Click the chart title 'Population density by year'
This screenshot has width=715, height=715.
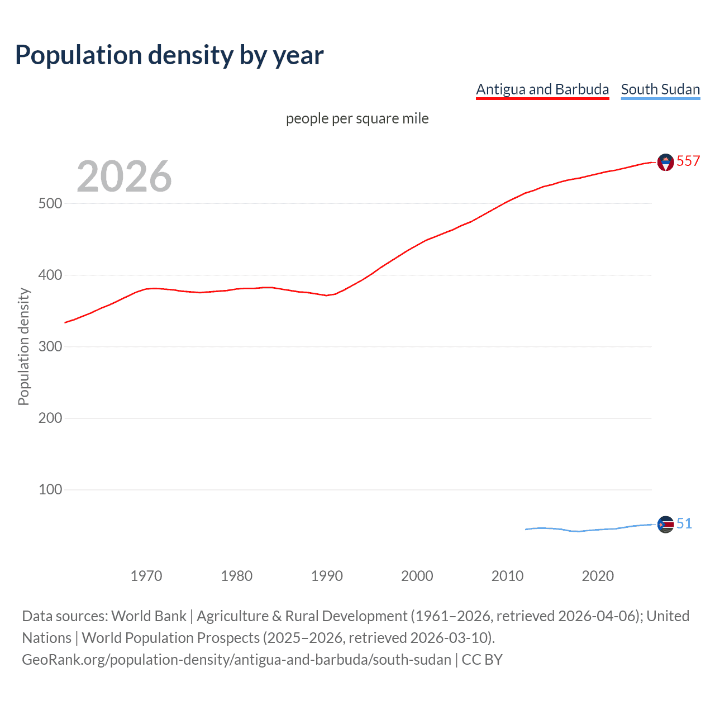coord(169,55)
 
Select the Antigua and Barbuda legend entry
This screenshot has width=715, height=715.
coord(542,89)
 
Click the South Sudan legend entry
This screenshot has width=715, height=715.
coord(660,89)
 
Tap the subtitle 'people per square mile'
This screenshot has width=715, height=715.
coord(357,118)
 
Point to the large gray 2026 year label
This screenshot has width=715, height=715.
coord(124,176)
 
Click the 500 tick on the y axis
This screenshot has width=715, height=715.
coord(50,203)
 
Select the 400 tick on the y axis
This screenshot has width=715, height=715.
coord(50,275)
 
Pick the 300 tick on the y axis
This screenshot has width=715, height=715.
coord(50,346)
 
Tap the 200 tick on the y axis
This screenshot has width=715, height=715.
coord(50,418)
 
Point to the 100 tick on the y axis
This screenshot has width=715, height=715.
coord(50,489)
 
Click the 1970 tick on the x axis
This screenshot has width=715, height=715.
coord(146,576)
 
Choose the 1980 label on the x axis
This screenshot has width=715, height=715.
coord(237,576)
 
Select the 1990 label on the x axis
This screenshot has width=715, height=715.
coord(327,576)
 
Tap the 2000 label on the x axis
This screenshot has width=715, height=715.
coord(417,576)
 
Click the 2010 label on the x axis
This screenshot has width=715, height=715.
coord(507,576)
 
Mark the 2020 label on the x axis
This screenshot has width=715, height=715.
coord(598,576)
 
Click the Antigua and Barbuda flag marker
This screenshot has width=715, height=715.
coord(665,162)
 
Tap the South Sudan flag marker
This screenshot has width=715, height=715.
coord(665,525)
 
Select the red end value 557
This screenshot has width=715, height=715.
coord(688,161)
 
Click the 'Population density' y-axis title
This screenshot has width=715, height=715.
coord(23,346)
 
